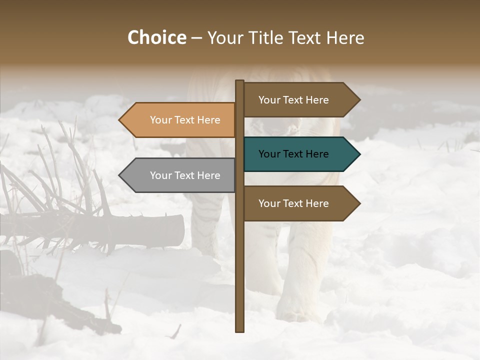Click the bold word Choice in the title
click(156, 38)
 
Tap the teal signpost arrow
click(300, 154)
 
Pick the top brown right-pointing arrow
click(300, 100)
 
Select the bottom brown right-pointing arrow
click(300, 203)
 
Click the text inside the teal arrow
click(293, 154)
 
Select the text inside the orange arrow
click(185, 120)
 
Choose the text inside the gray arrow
click(185, 175)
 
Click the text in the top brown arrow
click(293, 100)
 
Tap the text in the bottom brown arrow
click(293, 203)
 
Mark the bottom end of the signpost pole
click(239, 330)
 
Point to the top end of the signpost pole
click(239, 82)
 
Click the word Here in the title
click(345, 38)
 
